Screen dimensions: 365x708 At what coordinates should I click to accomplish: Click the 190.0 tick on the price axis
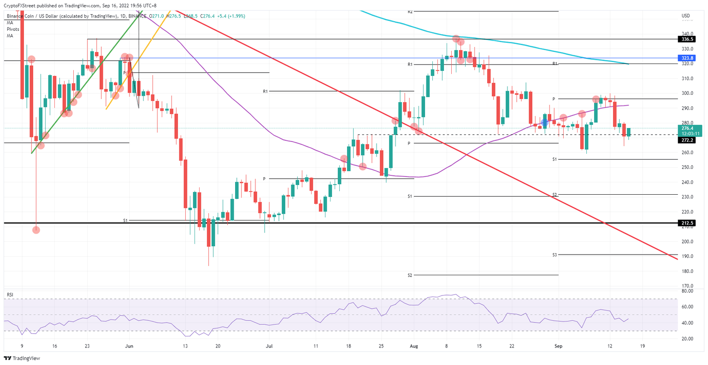(687, 256)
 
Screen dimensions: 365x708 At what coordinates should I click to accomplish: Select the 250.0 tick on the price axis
(687, 168)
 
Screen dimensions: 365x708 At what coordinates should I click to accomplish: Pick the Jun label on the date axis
(130, 346)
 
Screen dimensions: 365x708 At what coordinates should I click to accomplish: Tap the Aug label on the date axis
(414, 346)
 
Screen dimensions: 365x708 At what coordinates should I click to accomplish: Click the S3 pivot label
(555, 255)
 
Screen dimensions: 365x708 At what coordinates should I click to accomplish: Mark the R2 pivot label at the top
(410, 11)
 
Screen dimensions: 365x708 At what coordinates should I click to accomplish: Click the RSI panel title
(10, 294)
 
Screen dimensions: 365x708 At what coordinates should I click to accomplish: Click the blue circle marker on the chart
(545, 122)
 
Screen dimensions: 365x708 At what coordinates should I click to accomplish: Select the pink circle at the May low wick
(36, 230)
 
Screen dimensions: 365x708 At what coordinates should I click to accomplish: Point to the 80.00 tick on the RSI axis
(687, 291)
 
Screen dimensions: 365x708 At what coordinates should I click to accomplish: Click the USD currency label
(685, 16)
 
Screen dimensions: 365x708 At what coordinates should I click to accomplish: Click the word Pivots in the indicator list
(13, 29)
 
